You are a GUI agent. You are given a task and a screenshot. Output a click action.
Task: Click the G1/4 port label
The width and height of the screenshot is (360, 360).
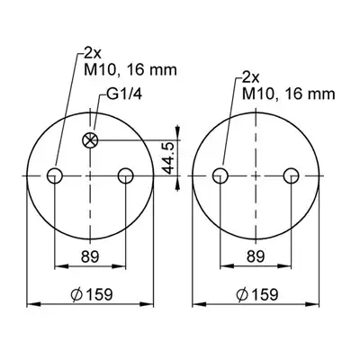tap(124, 94)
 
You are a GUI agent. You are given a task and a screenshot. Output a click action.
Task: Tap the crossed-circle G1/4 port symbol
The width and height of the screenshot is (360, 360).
tap(90, 140)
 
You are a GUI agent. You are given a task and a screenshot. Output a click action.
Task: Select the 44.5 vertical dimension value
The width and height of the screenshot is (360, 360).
tap(168, 158)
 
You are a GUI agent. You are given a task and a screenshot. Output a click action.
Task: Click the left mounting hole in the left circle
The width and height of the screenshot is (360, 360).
tap(55, 175)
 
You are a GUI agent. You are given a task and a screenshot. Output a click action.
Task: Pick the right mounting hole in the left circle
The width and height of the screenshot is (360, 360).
tap(126, 175)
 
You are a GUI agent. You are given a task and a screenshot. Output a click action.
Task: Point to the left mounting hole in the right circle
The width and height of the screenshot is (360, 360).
tap(220, 175)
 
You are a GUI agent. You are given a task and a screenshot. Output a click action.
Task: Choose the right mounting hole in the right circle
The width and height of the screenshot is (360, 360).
tap(292, 175)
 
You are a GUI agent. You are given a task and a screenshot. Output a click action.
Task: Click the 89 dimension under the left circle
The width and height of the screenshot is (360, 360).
tap(90, 256)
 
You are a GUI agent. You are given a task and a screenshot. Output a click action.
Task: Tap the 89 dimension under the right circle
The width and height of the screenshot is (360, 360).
tap(256, 256)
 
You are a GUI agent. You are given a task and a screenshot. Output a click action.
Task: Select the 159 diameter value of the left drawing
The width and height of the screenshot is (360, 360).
tap(99, 294)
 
